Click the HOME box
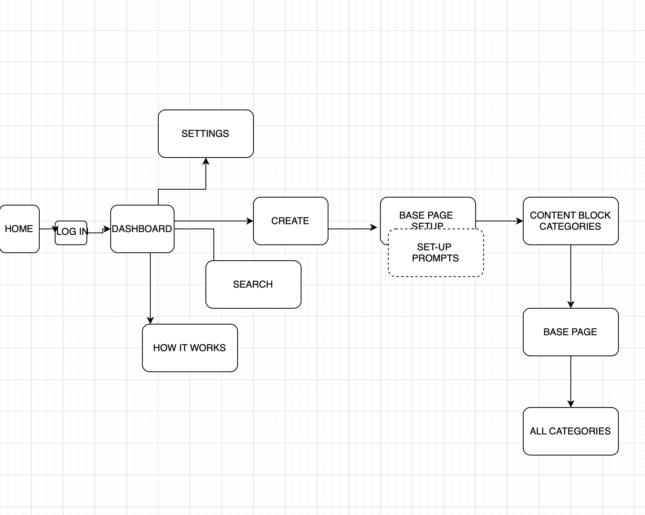(19, 229)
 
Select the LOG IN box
(71, 233)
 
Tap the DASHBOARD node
(142, 229)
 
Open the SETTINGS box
(205, 134)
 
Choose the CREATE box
(290, 221)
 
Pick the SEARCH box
(253, 284)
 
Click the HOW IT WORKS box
(190, 348)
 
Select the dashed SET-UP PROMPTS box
(436, 253)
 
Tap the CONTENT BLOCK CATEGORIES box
(570, 221)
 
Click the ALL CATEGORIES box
(570, 431)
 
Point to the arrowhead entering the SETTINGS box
(206, 161)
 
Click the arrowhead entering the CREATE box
(250, 221)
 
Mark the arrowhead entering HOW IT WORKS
(150, 321)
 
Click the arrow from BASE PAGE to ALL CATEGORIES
(571, 381)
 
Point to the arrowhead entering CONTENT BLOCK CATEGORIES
(520, 221)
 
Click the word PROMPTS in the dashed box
(436, 258)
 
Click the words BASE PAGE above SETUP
(426, 215)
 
